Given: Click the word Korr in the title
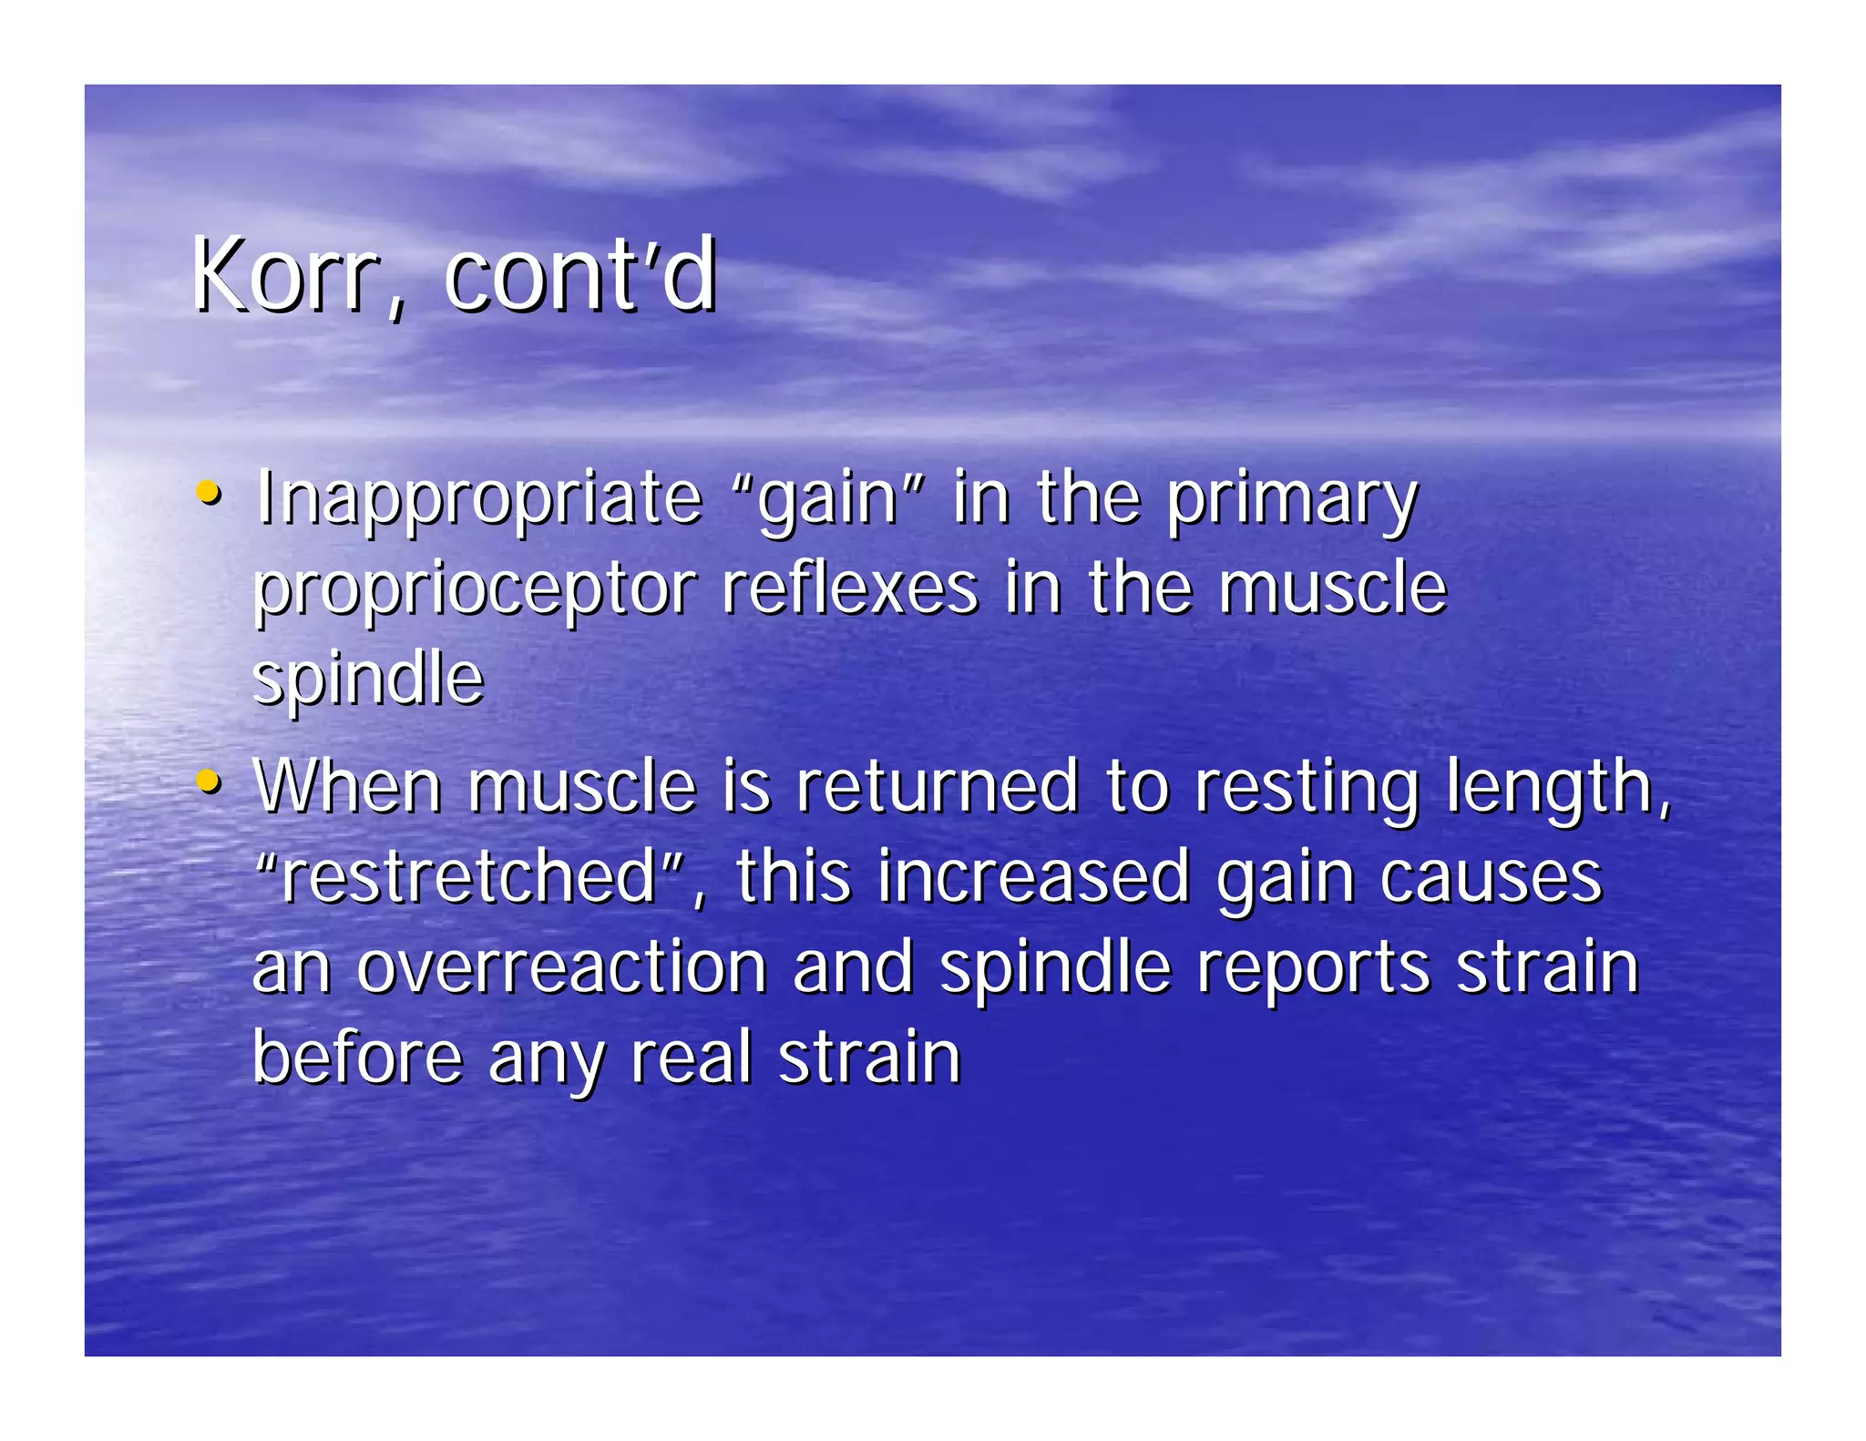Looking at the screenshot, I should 284,276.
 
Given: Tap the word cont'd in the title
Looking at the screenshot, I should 580,276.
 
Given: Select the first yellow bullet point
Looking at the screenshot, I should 209,493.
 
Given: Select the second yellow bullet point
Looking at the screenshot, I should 209,781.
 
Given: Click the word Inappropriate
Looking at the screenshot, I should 478,499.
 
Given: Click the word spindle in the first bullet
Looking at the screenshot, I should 368,680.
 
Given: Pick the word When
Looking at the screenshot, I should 347,785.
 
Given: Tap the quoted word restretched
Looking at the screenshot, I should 468,876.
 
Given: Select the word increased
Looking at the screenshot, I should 1033,876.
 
